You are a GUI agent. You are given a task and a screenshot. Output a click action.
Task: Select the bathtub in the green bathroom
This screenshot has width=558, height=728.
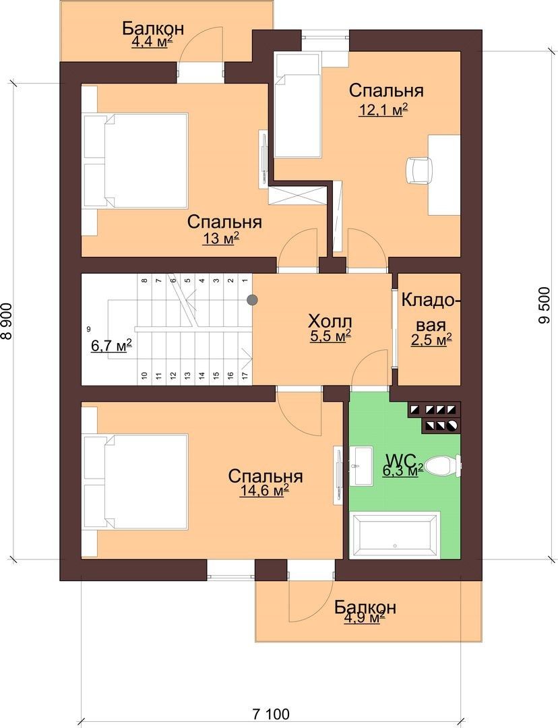click(395, 535)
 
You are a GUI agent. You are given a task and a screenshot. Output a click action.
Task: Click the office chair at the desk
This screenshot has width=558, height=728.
click(419, 171)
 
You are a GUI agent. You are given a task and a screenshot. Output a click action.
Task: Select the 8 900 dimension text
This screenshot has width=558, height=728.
click(7, 322)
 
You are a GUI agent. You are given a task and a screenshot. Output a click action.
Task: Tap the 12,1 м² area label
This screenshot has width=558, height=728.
click(383, 110)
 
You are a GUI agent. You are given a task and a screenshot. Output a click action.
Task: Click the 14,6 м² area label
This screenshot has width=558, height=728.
click(264, 491)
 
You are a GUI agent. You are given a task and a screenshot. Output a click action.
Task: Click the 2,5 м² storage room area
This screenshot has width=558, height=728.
click(431, 340)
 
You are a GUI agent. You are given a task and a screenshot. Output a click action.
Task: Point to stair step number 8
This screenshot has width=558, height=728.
click(144, 280)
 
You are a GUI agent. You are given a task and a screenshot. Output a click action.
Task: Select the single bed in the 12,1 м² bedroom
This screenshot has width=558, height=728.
click(297, 105)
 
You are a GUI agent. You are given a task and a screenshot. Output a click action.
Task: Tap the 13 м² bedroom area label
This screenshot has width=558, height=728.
click(220, 239)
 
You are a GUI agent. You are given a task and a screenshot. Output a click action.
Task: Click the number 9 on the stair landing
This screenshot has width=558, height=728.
click(88, 329)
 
